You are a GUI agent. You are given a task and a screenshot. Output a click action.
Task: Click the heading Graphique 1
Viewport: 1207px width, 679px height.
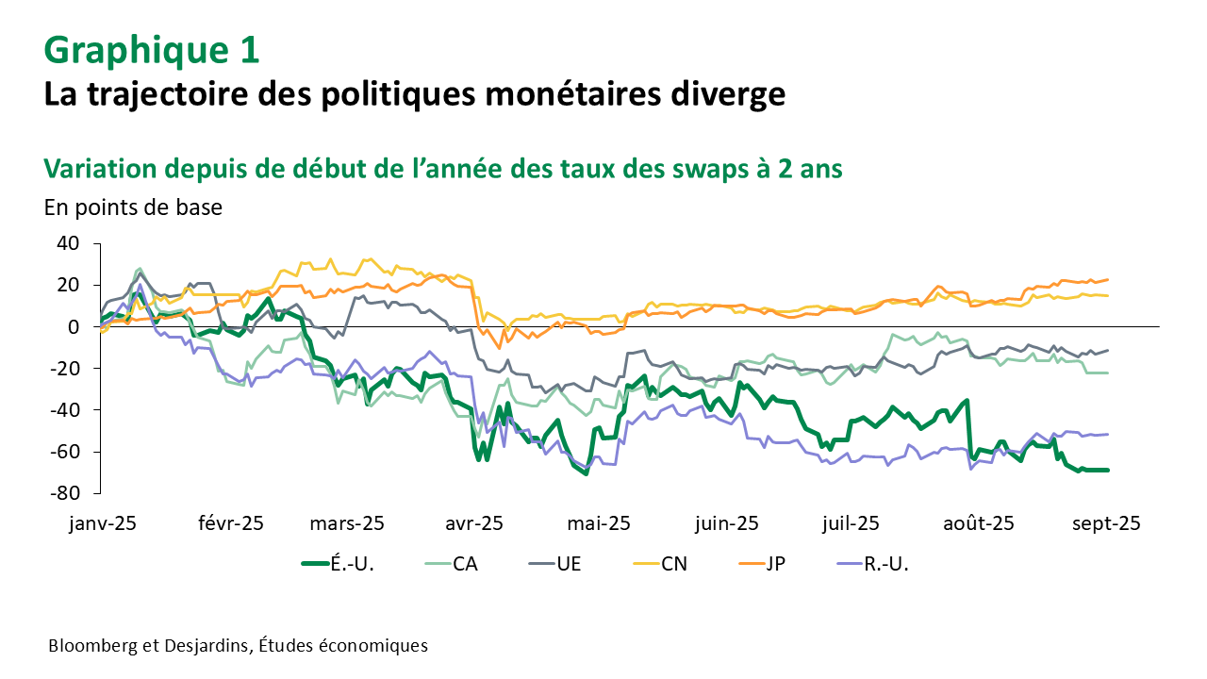pos(152,51)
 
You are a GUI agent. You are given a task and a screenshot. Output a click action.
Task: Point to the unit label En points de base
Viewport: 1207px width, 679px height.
pos(133,207)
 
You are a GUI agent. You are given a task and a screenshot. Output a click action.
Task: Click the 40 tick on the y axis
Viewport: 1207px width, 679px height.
pos(67,243)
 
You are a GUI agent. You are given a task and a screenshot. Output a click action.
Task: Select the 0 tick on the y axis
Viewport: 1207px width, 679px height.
pos(74,326)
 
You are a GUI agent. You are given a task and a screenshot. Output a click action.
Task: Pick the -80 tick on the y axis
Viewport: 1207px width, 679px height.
pos(64,492)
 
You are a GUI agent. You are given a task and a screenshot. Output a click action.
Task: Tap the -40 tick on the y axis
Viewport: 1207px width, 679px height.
pos(64,409)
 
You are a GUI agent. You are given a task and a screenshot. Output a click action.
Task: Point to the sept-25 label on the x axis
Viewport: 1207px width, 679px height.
pos(1106,523)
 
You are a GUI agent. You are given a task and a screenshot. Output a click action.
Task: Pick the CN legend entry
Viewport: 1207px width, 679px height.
pos(673,565)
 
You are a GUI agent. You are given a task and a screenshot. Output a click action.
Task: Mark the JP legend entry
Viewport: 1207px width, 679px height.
pos(776,565)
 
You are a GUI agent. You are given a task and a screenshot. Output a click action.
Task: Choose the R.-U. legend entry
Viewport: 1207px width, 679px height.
pos(885,565)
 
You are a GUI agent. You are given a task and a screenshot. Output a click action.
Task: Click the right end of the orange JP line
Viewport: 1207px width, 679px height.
pos(1107,279)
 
